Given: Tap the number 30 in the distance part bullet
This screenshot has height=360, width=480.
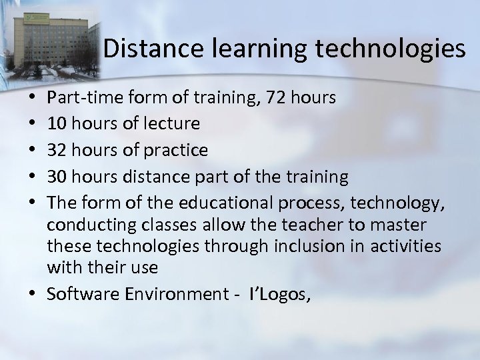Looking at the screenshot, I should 59,177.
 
